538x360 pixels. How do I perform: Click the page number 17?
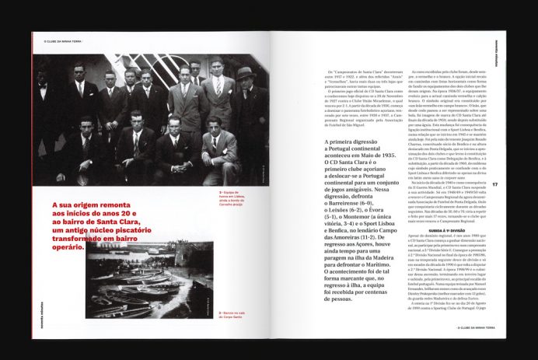point(494,183)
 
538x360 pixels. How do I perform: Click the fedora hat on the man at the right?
point(245,72)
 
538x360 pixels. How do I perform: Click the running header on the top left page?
point(58,41)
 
